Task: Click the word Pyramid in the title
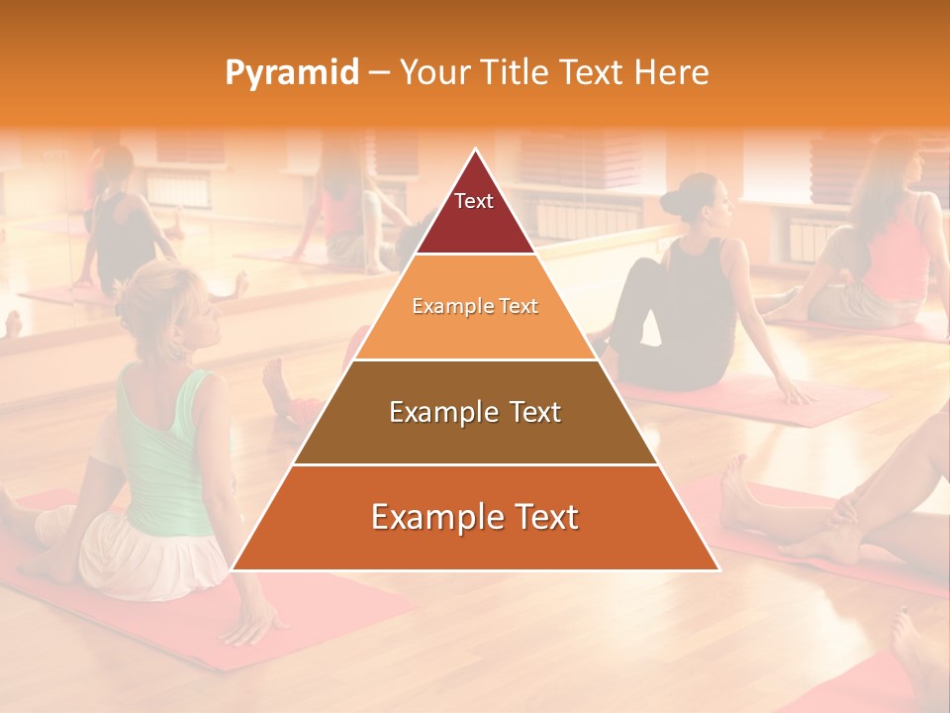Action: [291, 73]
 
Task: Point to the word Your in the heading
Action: [434, 73]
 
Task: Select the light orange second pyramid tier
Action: [475, 307]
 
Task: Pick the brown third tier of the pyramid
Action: [475, 412]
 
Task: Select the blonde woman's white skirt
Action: [148, 560]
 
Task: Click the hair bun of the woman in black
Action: [675, 202]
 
